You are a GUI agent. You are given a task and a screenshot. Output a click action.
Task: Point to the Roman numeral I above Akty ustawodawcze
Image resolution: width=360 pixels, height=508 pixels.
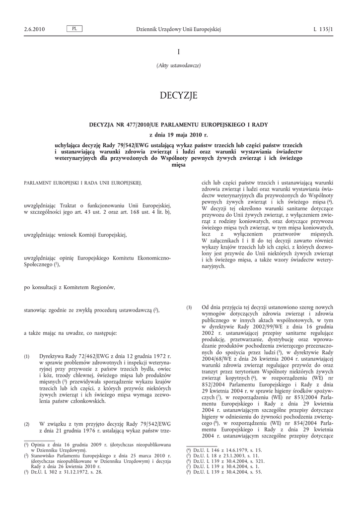coord(178,52)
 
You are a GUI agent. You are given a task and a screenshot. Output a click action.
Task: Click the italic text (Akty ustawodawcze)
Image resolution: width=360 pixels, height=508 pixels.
coord(178,65)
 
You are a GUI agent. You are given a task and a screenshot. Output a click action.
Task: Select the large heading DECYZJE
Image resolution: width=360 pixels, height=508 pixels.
coord(178,95)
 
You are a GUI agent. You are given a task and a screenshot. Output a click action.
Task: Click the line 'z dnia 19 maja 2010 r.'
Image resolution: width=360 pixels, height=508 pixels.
coord(178,134)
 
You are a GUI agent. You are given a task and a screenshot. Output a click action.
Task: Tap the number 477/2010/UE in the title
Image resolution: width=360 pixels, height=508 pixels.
coord(130,125)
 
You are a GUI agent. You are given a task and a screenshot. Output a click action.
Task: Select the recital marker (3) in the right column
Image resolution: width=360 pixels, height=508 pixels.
coord(189,308)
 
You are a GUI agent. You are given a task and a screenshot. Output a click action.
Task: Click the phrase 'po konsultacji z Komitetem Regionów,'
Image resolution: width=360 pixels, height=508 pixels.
coord(70,287)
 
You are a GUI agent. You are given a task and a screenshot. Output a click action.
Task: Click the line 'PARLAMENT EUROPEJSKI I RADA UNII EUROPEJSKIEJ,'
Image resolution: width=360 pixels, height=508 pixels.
coord(83,183)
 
